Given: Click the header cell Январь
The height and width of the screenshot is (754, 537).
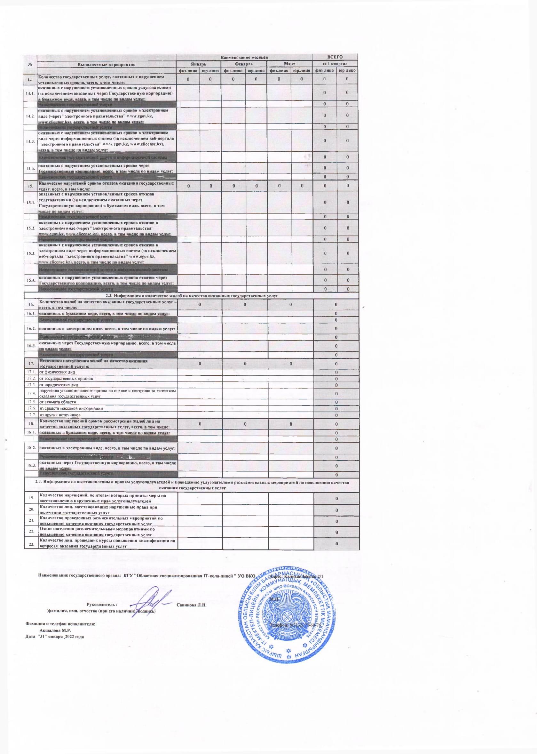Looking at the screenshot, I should tap(199, 64).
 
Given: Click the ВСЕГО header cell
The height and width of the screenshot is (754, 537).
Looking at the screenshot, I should tap(335, 57).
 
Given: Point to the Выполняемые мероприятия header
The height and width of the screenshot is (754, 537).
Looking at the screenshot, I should tap(107, 64).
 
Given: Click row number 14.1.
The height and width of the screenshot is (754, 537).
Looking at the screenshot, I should tap(30, 93).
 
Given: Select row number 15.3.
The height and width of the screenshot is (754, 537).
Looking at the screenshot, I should tap(30, 253).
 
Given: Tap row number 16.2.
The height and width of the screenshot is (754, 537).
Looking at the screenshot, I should tap(30, 329).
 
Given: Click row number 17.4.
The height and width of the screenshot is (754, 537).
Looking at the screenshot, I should tap(30, 393).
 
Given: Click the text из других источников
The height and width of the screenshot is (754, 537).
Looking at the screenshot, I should tap(60, 415).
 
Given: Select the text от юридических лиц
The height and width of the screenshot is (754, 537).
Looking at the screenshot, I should tap(55, 385).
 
